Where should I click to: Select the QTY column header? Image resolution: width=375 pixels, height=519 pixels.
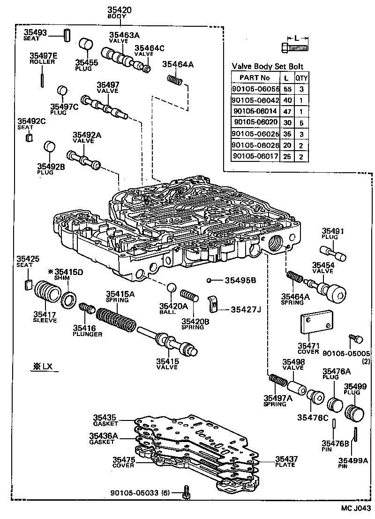tap(300, 78)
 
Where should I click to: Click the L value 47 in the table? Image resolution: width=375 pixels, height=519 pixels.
tap(286, 111)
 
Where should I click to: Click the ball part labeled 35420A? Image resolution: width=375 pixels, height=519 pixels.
tap(172, 287)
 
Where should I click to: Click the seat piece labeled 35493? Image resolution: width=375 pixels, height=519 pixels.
tap(67, 34)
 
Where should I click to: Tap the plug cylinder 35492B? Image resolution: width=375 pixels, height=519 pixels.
tap(50, 147)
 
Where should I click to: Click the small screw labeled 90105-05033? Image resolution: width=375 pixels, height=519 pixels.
tap(187, 491)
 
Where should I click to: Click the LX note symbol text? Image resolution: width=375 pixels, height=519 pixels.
tap(43, 366)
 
